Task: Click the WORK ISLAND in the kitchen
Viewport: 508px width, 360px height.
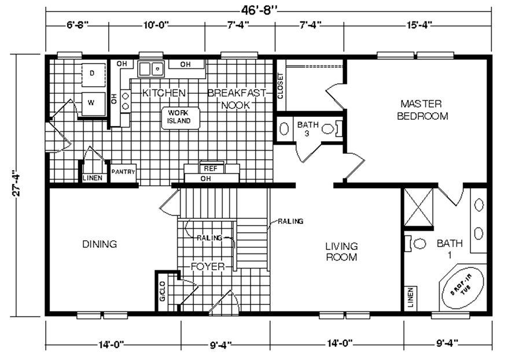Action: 181,118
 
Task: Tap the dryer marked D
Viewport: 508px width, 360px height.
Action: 93,75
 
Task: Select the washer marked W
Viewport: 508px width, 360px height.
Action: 93,104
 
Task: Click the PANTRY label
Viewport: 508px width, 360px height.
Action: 123,172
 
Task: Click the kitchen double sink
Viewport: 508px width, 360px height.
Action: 151,69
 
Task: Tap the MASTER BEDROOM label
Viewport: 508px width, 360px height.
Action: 422,110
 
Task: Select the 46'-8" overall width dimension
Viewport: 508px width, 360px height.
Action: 259,10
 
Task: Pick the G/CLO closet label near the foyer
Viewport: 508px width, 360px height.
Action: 163,291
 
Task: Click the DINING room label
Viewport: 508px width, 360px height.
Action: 100,244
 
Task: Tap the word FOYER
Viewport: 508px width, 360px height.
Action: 208,267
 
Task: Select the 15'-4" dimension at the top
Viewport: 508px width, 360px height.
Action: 419,25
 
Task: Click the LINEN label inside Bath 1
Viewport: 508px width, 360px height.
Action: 411,297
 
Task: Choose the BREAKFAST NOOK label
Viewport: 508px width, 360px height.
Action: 236,99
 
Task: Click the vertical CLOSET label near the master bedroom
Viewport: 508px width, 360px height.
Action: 280,86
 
